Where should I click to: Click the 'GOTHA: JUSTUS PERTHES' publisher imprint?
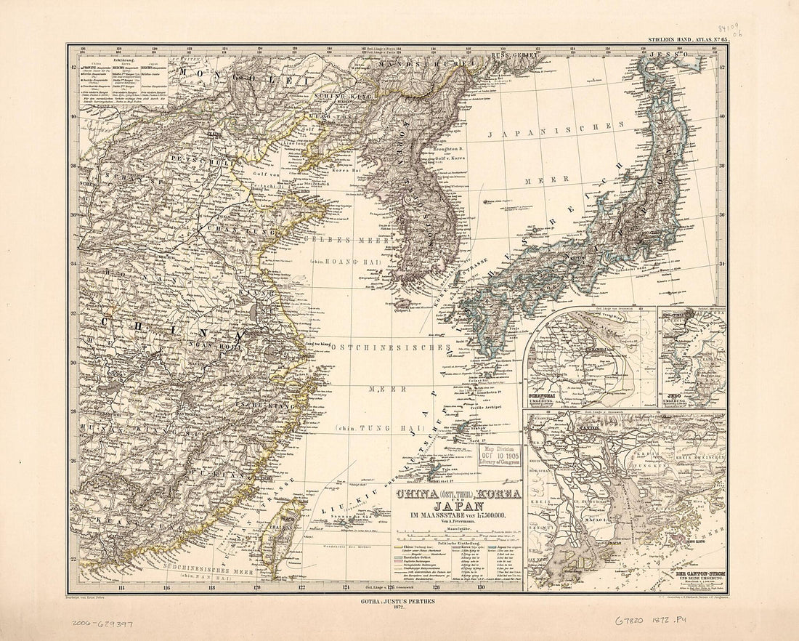point(399,602)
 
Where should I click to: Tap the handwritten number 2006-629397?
point(102,623)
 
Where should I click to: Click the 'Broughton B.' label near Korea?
point(448,148)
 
